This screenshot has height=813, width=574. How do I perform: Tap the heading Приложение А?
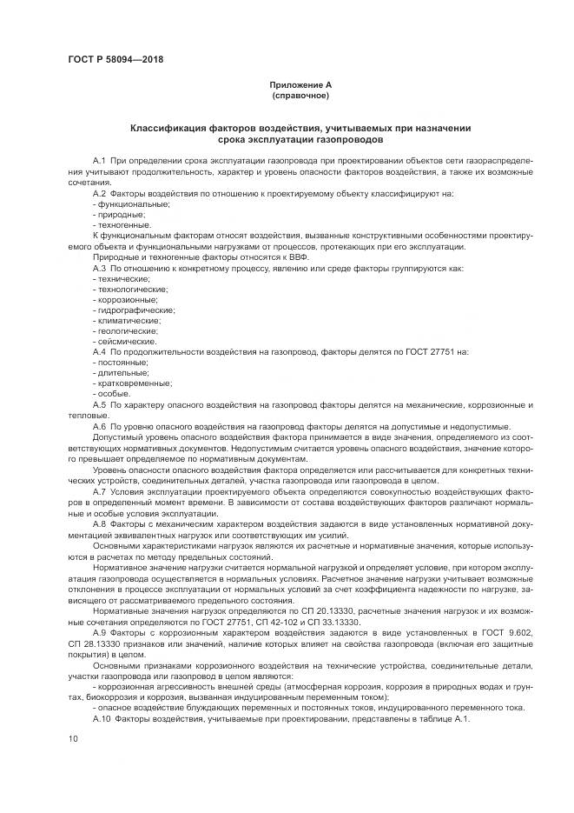tap(300, 84)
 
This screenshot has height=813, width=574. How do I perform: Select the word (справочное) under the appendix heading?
tap(300, 95)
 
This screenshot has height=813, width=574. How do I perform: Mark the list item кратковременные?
tap(135, 383)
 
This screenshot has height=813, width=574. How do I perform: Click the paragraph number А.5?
tap(99, 404)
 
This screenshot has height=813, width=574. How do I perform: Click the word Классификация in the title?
tap(167, 128)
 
